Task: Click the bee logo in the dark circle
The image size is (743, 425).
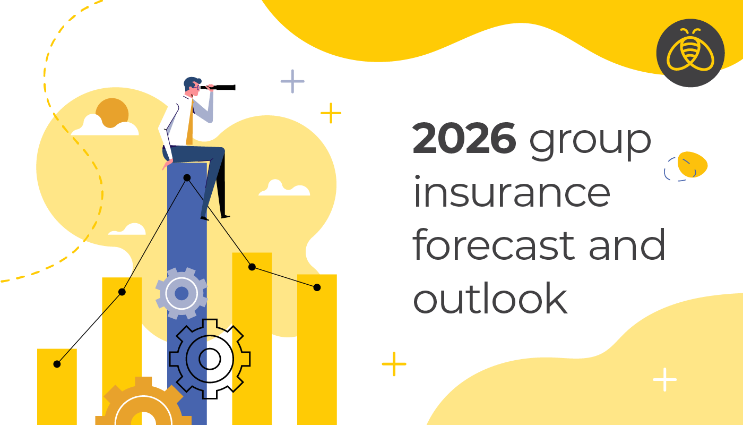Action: point(690,53)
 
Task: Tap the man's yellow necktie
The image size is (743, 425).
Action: point(189,125)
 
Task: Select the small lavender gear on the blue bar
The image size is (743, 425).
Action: point(182,293)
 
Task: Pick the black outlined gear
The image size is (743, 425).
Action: point(210,359)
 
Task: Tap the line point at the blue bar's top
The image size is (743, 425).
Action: point(187,178)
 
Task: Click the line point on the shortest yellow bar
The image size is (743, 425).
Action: point(57,364)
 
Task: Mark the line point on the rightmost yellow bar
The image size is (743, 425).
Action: point(317,287)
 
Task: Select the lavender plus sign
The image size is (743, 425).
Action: point(292,81)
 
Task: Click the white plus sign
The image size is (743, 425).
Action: point(664,379)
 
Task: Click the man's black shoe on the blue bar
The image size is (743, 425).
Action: point(225,216)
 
